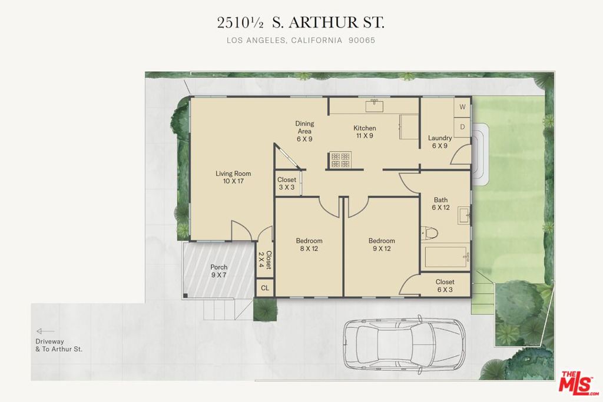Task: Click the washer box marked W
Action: click(x=462, y=107)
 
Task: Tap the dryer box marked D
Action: click(x=462, y=127)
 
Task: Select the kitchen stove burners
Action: click(x=341, y=160)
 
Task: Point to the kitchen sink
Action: click(x=374, y=106)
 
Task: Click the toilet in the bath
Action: click(x=430, y=233)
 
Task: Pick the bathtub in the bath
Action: click(x=446, y=257)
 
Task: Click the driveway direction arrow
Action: click(x=45, y=331)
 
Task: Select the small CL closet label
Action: click(x=265, y=288)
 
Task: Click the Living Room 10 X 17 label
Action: click(x=233, y=177)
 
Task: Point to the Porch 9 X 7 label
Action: click(x=219, y=271)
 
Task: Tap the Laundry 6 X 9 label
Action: click(x=440, y=142)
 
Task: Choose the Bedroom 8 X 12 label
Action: click(x=309, y=244)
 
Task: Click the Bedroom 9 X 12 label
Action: click(x=382, y=244)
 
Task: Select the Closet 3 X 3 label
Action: click(x=287, y=183)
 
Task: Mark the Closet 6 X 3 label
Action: click(x=445, y=285)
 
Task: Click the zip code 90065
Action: click(x=362, y=40)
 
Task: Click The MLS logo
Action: click(x=578, y=383)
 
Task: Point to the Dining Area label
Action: click(x=304, y=127)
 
